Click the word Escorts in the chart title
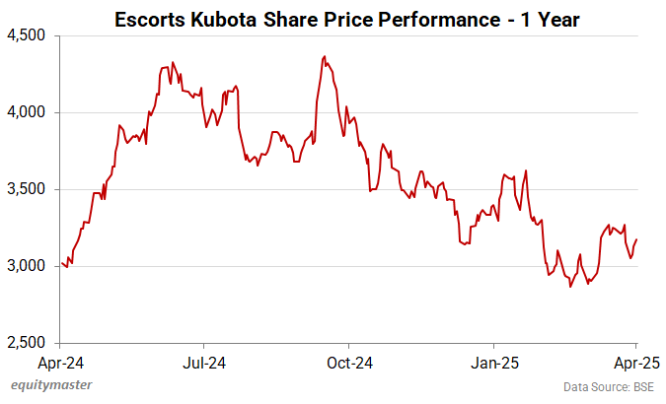pos(152,19)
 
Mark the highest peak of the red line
pos(324,57)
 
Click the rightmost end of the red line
pos(636,239)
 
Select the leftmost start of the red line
pos(61,262)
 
